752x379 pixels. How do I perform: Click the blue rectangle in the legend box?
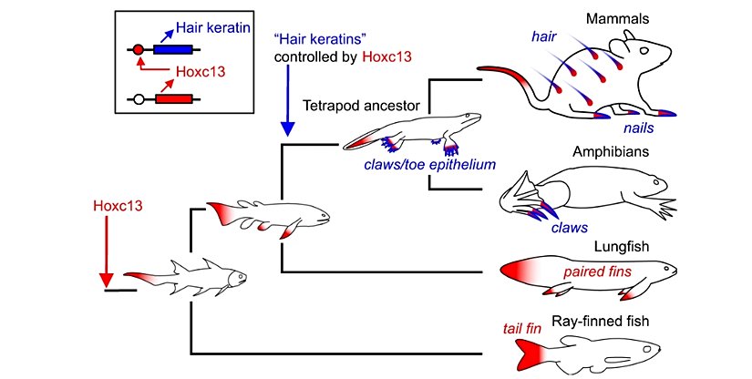[x=172, y=49]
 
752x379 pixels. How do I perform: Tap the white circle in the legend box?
[x=138, y=98]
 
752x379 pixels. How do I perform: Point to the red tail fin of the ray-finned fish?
[x=529, y=351]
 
